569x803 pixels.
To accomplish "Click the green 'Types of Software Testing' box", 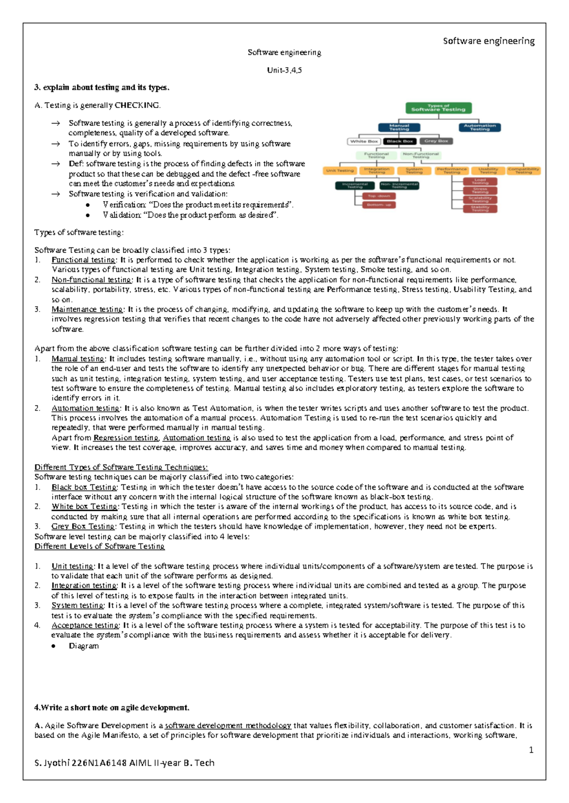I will click(x=438, y=108).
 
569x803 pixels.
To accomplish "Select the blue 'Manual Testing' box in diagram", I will click(x=399, y=127).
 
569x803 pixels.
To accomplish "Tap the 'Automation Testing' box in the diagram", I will click(x=479, y=127).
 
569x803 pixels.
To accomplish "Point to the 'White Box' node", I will click(x=364, y=141).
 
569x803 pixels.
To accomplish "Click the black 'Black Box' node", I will click(x=400, y=141).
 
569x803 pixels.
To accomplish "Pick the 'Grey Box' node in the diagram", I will click(x=436, y=141).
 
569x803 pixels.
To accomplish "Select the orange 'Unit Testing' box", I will click(x=340, y=170).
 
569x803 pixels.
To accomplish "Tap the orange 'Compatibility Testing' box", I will click(x=523, y=170).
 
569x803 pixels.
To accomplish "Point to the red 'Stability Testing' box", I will click(x=480, y=208).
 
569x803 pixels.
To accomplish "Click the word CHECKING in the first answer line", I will click(x=137, y=105).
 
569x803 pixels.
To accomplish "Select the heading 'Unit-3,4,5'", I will click(x=284, y=70).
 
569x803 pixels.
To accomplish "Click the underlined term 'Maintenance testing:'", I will click(x=88, y=309).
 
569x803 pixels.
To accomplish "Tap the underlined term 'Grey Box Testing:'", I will click(x=83, y=526).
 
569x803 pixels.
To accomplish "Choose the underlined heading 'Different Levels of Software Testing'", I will click(x=100, y=546).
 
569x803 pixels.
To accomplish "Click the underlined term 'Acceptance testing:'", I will click(x=85, y=625).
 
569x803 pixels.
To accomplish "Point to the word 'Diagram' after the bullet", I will click(x=84, y=646).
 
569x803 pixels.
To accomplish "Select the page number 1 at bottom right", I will click(x=531, y=750).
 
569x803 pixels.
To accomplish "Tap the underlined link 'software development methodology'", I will click(x=228, y=725).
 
